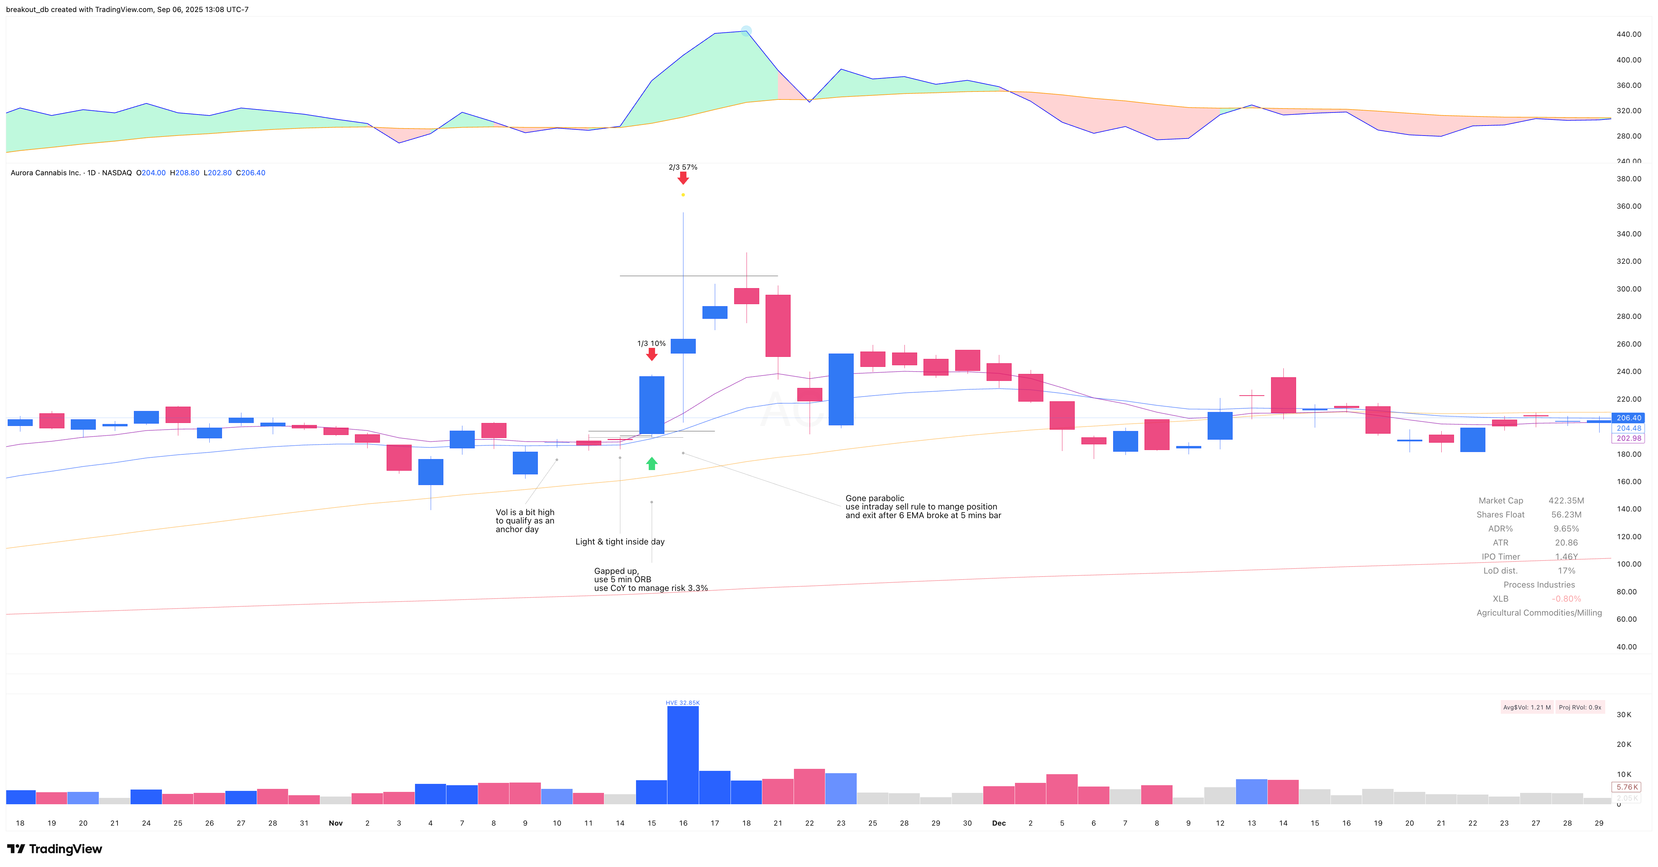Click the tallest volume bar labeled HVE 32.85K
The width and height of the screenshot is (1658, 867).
pyautogui.click(x=683, y=754)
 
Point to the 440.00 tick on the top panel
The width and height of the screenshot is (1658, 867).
pyautogui.click(x=1628, y=34)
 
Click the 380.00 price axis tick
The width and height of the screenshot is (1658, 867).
pyautogui.click(x=1628, y=179)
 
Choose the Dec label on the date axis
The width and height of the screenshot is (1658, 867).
pyautogui.click(x=998, y=823)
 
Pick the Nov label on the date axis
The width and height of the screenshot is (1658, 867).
pyautogui.click(x=335, y=823)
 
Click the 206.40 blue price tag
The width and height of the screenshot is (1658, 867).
pyautogui.click(x=1628, y=418)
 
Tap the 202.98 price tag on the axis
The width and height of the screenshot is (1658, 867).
pyautogui.click(x=1628, y=438)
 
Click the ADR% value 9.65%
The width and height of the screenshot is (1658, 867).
pyautogui.click(x=1566, y=528)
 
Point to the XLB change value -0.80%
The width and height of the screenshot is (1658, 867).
pyautogui.click(x=1566, y=599)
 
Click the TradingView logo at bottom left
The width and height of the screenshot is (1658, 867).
pyautogui.click(x=55, y=849)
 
